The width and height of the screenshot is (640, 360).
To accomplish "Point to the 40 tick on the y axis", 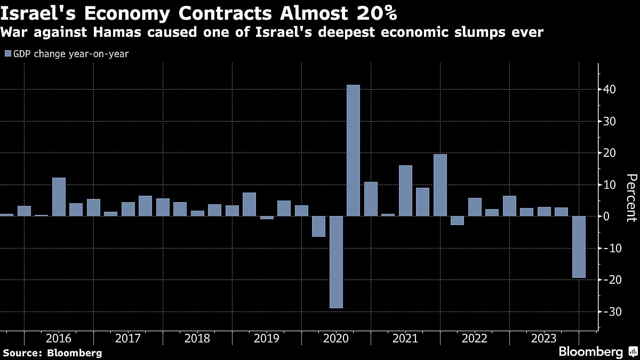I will (x=610, y=90).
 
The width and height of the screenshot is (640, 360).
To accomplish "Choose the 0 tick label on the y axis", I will (x=607, y=217).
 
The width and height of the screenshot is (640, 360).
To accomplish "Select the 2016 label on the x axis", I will (x=59, y=338).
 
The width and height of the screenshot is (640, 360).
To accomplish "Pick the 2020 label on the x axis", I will (x=336, y=338).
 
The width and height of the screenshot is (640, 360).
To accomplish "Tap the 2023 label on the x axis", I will (x=544, y=338).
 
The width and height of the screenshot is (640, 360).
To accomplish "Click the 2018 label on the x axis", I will (x=197, y=338).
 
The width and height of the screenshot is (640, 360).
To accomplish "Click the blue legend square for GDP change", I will (x=7, y=54).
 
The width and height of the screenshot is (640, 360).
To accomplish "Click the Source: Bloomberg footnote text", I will (x=52, y=353).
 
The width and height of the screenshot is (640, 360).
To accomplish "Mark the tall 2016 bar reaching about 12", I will (x=59, y=197).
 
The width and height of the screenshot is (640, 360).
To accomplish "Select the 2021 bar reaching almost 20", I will (x=440, y=185).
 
